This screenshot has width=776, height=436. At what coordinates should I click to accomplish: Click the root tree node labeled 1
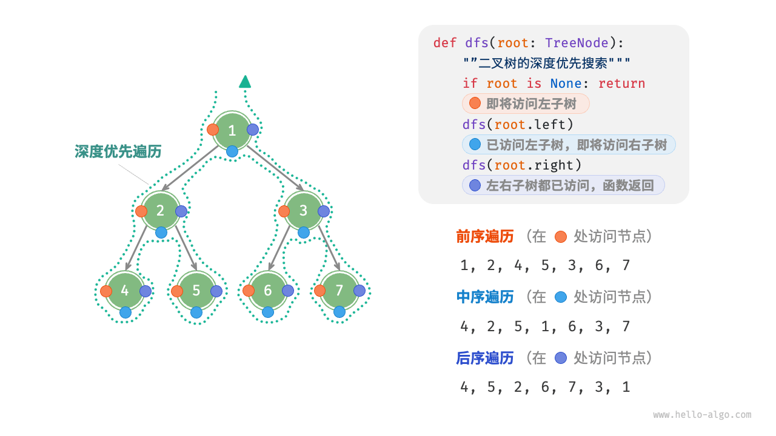pyautogui.click(x=232, y=130)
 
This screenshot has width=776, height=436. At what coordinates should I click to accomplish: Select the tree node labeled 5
pyautogui.click(x=196, y=291)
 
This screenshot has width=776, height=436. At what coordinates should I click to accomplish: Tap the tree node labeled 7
pyautogui.click(x=339, y=291)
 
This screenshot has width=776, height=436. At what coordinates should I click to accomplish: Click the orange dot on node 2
pyautogui.click(x=141, y=211)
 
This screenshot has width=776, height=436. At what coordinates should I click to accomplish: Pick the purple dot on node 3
pyautogui.click(x=324, y=211)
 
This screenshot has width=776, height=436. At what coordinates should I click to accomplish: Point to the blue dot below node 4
pyautogui.click(x=125, y=312)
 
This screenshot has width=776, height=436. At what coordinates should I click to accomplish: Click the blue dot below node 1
pyautogui.click(x=232, y=151)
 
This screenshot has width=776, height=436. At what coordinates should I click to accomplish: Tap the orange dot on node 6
pyautogui.click(x=249, y=291)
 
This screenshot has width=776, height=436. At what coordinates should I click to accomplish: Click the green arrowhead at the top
pyautogui.click(x=245, y=82)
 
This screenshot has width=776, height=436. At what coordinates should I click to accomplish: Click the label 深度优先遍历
pyautogui.click(x=118, y=151)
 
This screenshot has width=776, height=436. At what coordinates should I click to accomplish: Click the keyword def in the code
pyautogui.click(x=445, y=43)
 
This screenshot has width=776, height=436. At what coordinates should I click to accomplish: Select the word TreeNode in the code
pyautogui.click(x=577, y=43)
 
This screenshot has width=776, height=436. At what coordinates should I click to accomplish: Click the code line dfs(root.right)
pyautogui.click(x=522, y=165)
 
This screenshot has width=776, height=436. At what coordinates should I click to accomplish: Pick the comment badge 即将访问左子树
pyautogui.click(x=526, y=104)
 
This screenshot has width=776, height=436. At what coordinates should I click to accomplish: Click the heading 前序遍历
pyautogui.click(x=484, y=237)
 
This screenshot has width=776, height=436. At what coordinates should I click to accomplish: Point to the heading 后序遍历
pyautogui.click(x=484, y=358)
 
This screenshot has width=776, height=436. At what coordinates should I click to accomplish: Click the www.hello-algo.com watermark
pyautogui.click(x=702, y=415)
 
